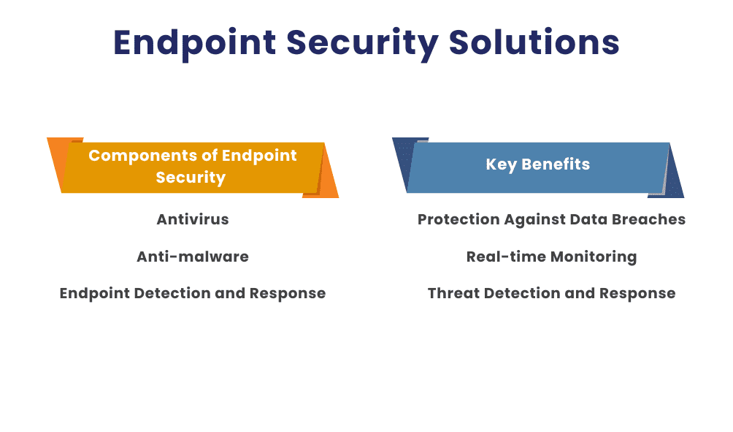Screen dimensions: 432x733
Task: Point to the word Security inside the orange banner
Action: point(191,178)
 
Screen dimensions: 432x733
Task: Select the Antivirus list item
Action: point(193,219)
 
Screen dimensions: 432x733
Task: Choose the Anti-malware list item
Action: point(193,257)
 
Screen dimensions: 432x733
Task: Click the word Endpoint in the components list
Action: point(93,293)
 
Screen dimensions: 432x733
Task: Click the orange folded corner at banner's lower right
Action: point(328,186)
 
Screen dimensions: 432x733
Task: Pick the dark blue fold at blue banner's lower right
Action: point(673,186)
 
